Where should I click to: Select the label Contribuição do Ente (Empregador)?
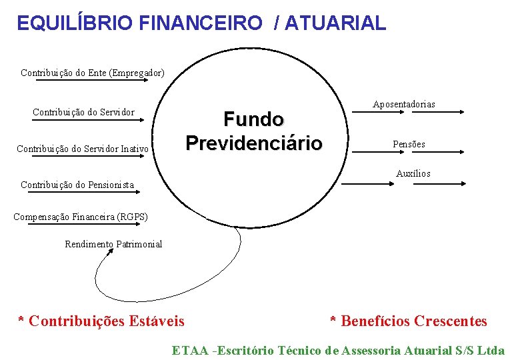[93, 72]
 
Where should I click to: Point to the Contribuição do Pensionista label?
[77, 185]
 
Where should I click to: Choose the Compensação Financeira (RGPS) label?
[81, 217]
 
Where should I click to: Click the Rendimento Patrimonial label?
[113, 244]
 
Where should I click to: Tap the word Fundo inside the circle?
[253, 120]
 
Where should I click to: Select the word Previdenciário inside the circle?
[254, 143]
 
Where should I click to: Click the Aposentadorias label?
[404, 104]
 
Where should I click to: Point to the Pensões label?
[409, 144]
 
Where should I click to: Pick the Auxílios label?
[413, 173]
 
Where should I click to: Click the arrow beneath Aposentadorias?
[407, 113]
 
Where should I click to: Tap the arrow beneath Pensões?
[407, 153]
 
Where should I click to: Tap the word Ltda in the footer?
[491, 350]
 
